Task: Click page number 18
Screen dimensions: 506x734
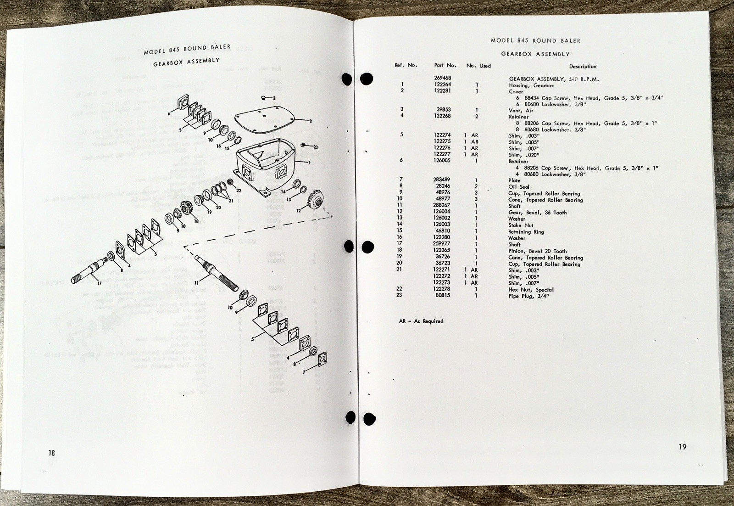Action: tap(51, 453)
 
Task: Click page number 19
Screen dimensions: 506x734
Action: tap(683, 447)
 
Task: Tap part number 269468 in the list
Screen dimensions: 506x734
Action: tap(442, 79)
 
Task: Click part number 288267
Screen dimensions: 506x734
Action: tap(442, 206)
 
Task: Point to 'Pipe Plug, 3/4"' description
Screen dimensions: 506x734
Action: tap(528, 296)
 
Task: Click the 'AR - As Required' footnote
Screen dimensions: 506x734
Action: tap(421, 321)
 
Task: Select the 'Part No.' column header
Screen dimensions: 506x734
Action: tap(445, 66)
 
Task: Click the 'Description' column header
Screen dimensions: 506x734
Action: tap(583, 67)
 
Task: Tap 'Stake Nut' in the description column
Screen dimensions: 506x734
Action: tap(521, 225)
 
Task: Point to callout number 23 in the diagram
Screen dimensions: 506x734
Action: tap(316, 147)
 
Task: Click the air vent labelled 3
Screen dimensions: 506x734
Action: tap(265, 97)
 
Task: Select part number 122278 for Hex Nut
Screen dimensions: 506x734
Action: tap(442, 290)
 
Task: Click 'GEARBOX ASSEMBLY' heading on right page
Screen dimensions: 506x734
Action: tap(535, 54)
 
